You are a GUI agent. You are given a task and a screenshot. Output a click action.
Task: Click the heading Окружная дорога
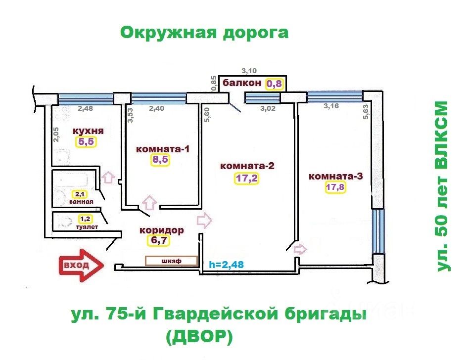tap(204, 33)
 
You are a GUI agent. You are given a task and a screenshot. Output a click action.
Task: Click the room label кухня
tap(88, 131)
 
